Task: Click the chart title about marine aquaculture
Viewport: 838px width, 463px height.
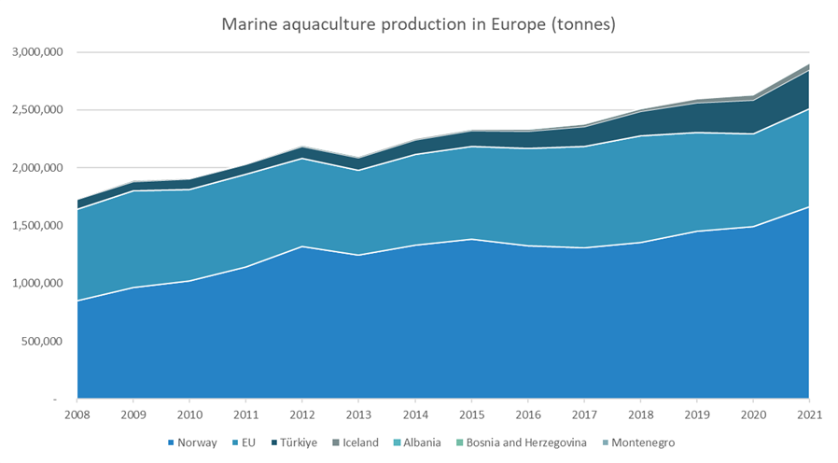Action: pyautogui.click(x=418, y=23)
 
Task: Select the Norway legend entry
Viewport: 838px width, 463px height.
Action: pyautogui.click(x=192, y=442)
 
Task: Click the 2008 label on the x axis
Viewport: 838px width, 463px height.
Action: pyautogui.click(x=77, y=414)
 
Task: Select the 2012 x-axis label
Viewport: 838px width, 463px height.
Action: pyautogui.click(x=302, y=414)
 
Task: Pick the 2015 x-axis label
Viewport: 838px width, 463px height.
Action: pyautogui.click(x=471, y=414)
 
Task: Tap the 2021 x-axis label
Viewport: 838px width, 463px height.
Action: pyautogui.click(x=808, y=414)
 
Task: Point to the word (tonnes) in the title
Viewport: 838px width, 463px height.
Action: pyautogui.click(x=583, y=23)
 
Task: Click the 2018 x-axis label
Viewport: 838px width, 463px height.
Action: pyautogui.click(x=639, y=414)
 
